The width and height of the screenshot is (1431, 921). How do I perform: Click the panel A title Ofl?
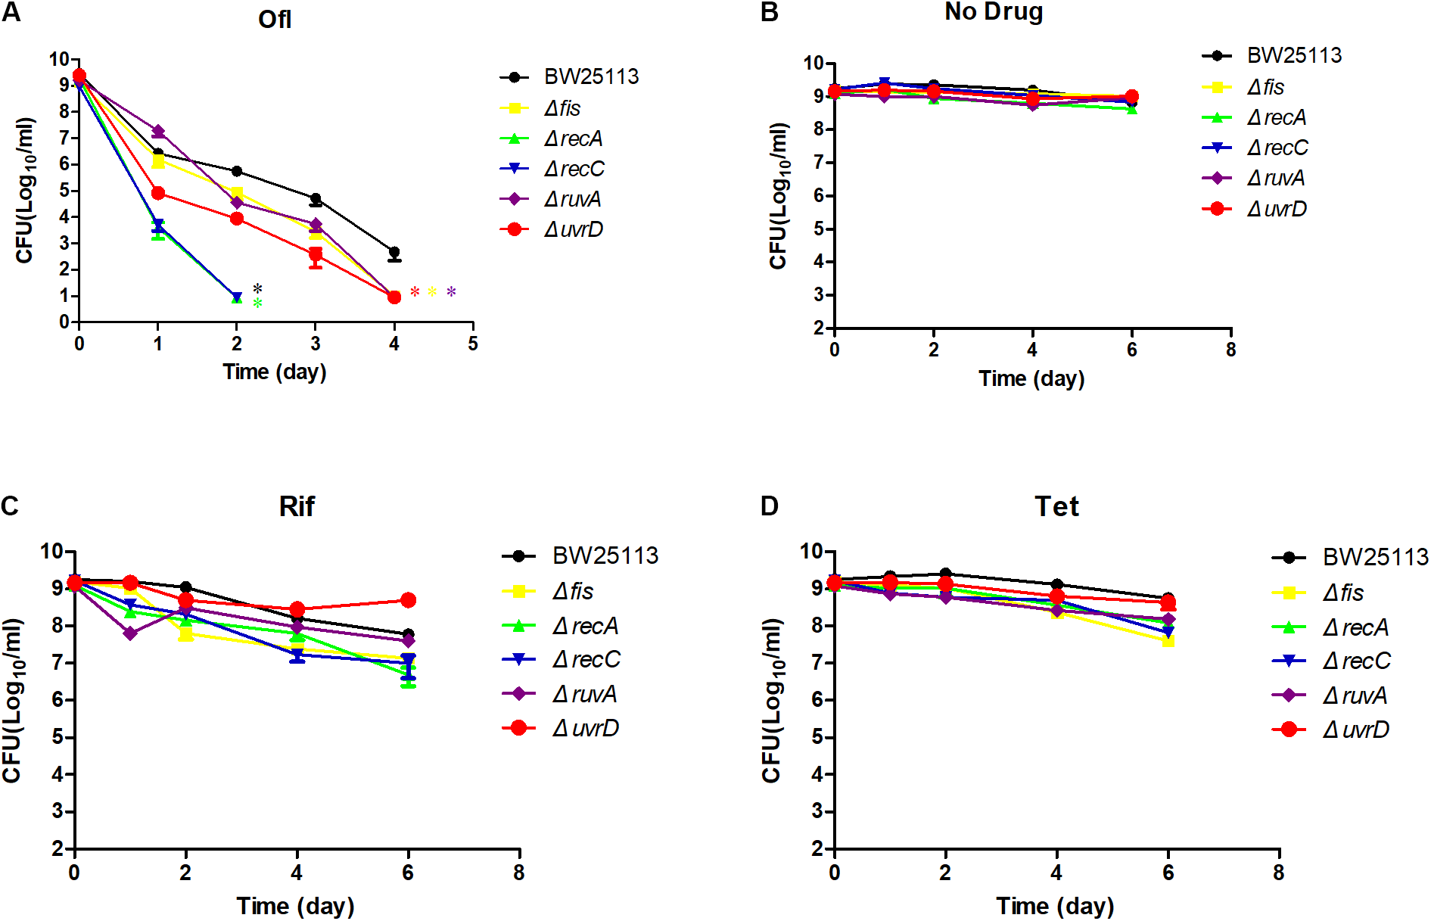coord(274,19)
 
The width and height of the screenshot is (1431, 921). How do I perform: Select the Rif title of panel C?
coord(296,506)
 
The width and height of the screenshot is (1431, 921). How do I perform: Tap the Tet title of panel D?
coord(1056,506)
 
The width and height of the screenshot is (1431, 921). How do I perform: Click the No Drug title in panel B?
coord(994,11)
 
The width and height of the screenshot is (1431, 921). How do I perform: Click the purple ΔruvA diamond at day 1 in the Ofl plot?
coord(158,132)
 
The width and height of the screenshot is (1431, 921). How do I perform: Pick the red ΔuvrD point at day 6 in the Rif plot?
coord(408,600)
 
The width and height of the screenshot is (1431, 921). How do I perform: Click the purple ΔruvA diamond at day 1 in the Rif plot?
coord(130,633)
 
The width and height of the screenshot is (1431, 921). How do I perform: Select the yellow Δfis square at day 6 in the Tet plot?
coord(1168,641)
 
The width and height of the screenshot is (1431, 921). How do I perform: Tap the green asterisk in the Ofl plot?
coord(257,303)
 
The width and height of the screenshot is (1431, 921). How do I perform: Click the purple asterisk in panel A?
coord(451,292)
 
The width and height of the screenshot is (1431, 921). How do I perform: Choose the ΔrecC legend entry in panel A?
coord(573,169)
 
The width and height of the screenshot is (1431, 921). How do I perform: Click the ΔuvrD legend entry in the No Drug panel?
coord(1276,209)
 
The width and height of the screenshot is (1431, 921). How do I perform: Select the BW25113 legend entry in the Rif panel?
coord(605,556)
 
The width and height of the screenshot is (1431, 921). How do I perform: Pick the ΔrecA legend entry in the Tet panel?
coord(1355,627)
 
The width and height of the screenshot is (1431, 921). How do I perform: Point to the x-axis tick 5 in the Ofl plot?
coord(472,344)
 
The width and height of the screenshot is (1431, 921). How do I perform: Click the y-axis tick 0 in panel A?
coord(64,322)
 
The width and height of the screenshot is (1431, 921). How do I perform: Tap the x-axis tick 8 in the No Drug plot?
coord(1230,350)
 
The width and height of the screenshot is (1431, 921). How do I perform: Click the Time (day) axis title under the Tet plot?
coord(1054,905)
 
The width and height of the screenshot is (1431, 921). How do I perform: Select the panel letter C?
coord(10,506)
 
